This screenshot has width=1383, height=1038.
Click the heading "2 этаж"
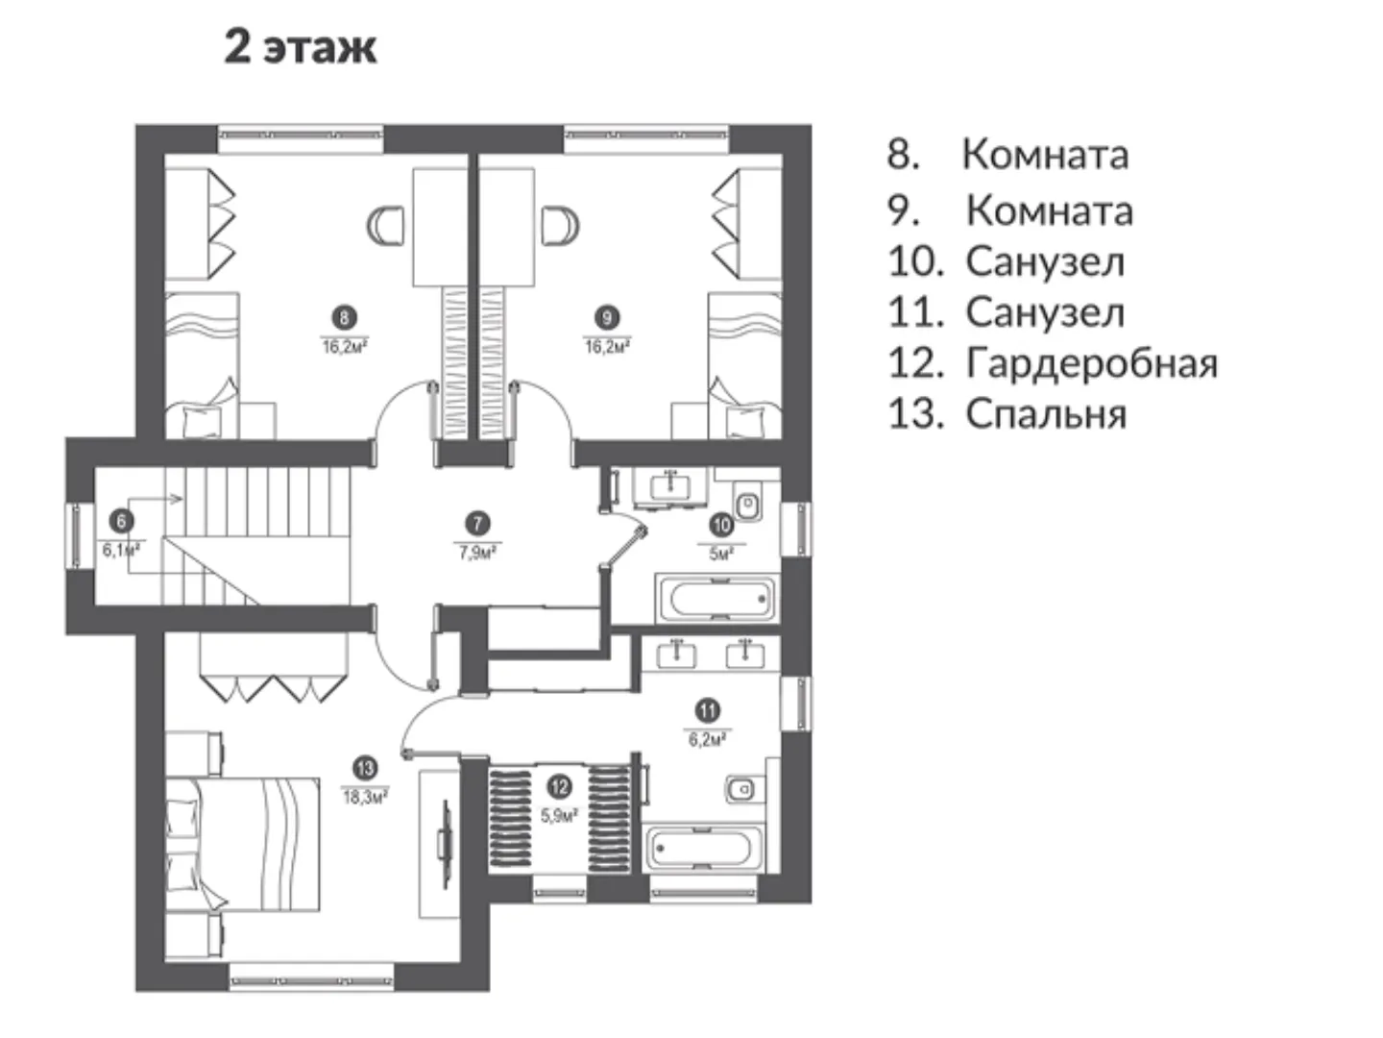tap(301, 48)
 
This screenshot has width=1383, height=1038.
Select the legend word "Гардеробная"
tap(1091, 363)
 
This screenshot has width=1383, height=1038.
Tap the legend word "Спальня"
tap(1046, 414)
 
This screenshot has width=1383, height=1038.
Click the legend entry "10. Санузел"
tap(1007, 261)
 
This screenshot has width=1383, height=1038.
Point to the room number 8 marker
tap(344, 317)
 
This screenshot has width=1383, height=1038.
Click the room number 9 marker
tap(607, 317)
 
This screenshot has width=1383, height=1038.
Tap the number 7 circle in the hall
tap(477, 524)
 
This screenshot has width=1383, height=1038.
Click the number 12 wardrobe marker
tap(559, 787)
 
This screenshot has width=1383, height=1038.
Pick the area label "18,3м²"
tap(365, 798)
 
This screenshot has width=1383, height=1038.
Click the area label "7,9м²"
tap(477, 553)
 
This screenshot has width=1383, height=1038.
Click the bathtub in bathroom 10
tap(717, 599)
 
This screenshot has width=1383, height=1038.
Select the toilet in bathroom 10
tap(748, 503)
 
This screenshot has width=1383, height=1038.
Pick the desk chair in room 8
tap(385, 226)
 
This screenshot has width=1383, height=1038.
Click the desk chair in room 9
tap(560, 226)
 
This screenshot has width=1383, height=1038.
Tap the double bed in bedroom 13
tap(243, 844)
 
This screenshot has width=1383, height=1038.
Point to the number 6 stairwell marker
tap(122, 521)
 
